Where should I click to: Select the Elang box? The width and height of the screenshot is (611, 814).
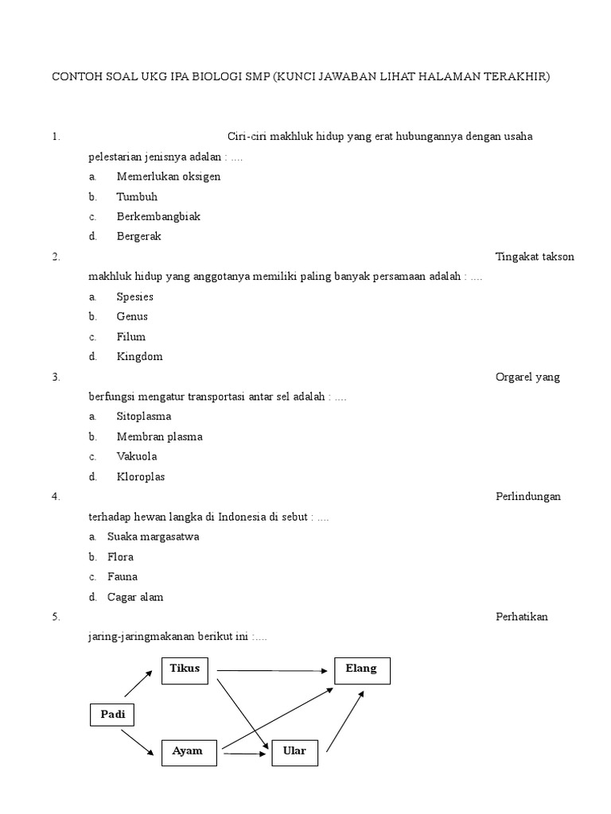pyautogui.click(x=361, y=671)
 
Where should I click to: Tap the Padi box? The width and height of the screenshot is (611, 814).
pyautogui.click(x=112, y=715)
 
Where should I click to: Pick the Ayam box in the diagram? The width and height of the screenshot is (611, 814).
pyautogui.click(x=189, y=752)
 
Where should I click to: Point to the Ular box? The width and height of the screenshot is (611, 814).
pyautogui.click(x=294, y=752)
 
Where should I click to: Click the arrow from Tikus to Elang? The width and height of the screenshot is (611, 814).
pyautogui.click(x=274, y=670)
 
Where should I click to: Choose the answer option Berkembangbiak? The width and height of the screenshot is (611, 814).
pyautogui.click(x=158, y=216)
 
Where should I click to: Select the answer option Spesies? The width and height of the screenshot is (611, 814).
pyautogui.click(x=134, y=297)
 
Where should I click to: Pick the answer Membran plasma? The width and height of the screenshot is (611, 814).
pyautogui.click(x=159, y=436)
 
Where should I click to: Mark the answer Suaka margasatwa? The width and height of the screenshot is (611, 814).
pyautogui.click(x=153, y=537)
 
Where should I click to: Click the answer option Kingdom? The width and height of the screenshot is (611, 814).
pyautogui.click(x=139, y=356)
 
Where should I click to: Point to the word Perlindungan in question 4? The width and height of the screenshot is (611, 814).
pyautogui.click(x=527, y=497)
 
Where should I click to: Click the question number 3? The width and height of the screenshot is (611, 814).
pyautogui.click(x=56, y=377)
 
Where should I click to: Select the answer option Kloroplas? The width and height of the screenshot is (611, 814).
pyautogui.click(x=141, y=477)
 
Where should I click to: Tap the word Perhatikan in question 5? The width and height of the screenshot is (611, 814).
pyautogui.click(x=521, y=617)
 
